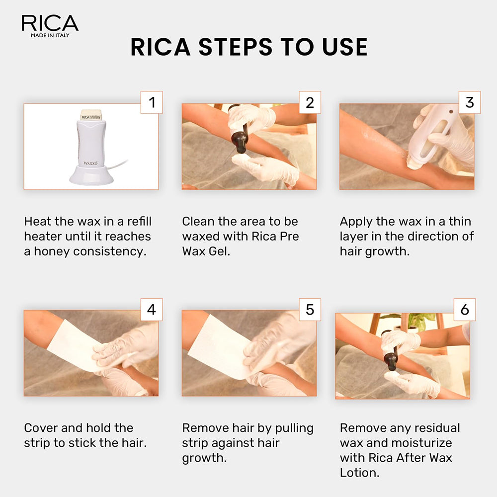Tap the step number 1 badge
[x=152, y=102]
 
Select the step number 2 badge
[x=310, y=102]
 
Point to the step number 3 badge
[x=469, y=102]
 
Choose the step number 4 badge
[x=152, y=310]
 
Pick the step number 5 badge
[x=310, y=310]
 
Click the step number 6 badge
[x=465, y=310]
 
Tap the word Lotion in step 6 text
[x=359, y=473]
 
